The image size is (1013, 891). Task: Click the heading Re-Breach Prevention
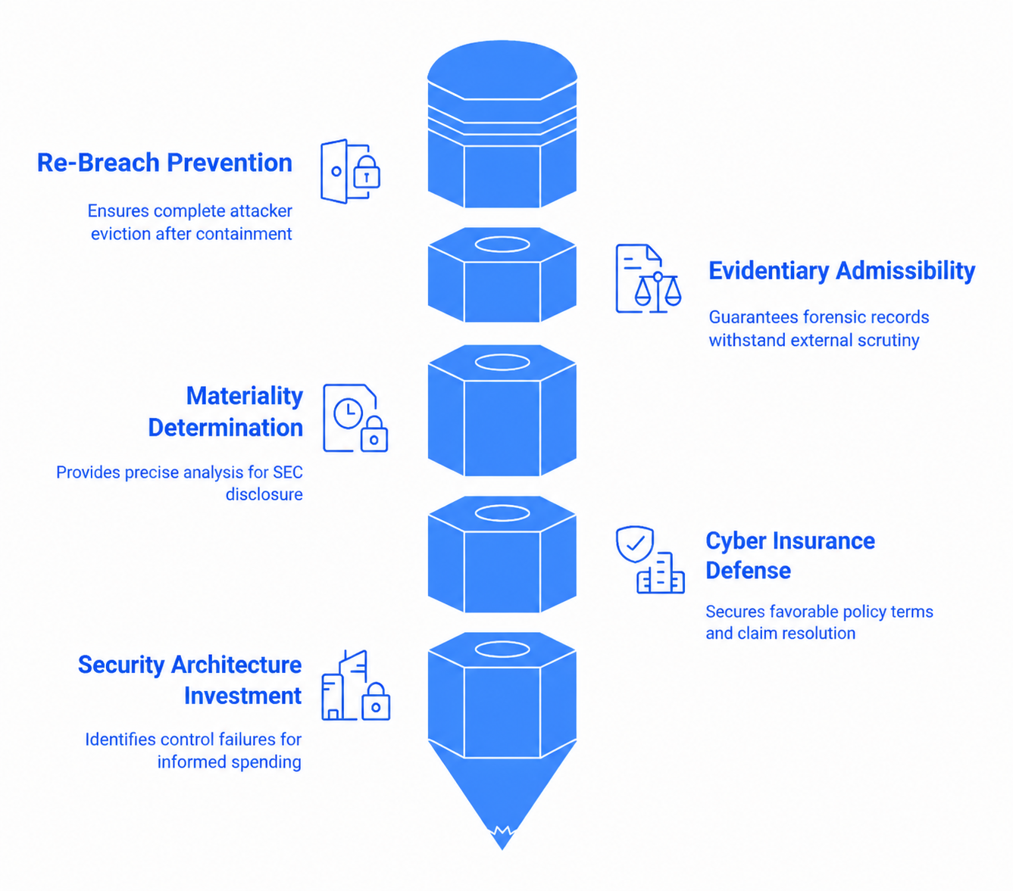coord(164,163)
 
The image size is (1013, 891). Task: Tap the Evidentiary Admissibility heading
coord(842,271)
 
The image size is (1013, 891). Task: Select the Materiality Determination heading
coord(226,412)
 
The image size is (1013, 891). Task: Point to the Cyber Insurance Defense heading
coord(790,555)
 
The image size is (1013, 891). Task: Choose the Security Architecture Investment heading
coord(190,680)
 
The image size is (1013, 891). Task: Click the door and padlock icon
coord(350,171)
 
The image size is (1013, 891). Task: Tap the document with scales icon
coord(649,279)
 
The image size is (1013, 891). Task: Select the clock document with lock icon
coord(355,419)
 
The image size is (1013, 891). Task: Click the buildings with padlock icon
coord(355,685)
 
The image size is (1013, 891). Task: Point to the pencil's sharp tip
coord(502,849)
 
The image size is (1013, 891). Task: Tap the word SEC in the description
coord(287,472)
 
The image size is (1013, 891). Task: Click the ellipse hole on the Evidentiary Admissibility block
coord(502,245)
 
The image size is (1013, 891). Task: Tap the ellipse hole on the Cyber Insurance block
coord(502,512)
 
